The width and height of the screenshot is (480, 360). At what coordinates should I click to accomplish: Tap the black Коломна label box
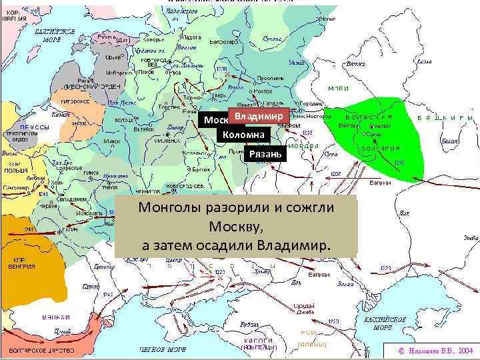tap(243, 135)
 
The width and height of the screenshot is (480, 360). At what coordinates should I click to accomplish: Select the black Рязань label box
tap(265, 155)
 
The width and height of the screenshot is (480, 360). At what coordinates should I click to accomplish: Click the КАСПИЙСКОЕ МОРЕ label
tap(385, 323)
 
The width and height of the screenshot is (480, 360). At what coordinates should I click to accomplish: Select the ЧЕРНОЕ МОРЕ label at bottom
tap(163, 349)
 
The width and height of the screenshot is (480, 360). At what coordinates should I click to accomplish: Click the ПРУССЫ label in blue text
tap(33, 127)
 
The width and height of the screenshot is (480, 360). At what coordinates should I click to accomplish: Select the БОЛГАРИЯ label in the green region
tap(381, 148)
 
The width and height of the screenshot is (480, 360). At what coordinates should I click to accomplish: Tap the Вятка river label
tap(356, 64)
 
